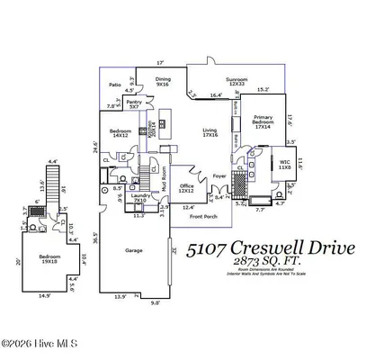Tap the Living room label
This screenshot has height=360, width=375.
point(209,132)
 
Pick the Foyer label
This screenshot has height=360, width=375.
point(219,177)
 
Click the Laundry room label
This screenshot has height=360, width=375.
point(139,197)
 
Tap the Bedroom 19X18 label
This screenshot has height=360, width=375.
point(51,261)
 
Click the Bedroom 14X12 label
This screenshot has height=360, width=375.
point(120,135)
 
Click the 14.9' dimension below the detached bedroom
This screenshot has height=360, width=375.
point(44,294)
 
